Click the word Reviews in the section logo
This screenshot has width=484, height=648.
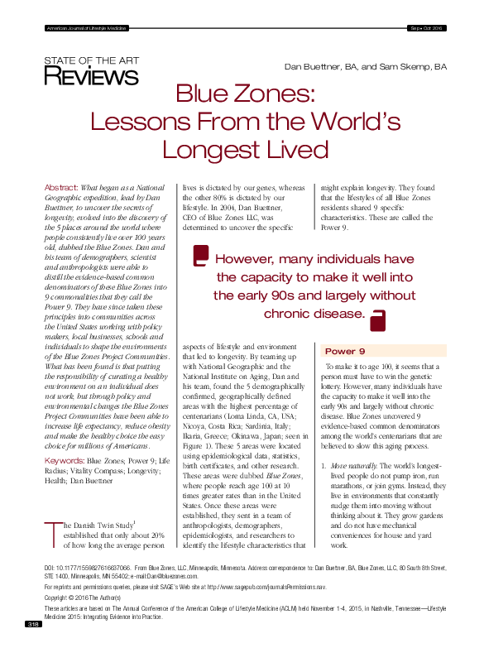pos(91,76)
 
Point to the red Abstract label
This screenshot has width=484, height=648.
pos(60,189)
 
